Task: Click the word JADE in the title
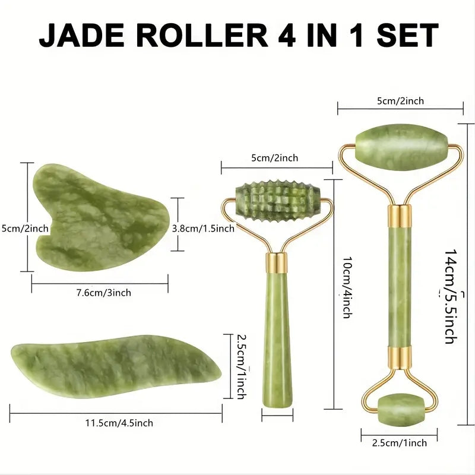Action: tap(83, 35)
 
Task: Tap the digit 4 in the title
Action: tap(287, 35)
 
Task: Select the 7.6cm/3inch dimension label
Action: tap(103, 293)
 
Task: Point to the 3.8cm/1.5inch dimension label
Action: tap(203, 229)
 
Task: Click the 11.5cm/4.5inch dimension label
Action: tap(119, 423)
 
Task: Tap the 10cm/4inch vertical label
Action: tap(347, 287)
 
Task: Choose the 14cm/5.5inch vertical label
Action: tap(451, 296)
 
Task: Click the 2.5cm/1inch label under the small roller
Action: tap(399, 443)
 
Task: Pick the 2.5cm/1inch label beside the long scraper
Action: tap(241, 366)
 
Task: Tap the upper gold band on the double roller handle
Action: tap(400, 217)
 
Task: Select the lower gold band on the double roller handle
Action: tap(400, 358)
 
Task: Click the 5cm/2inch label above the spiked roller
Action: tap(275, 158)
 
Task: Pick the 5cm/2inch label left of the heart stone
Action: tap(25, 229)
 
